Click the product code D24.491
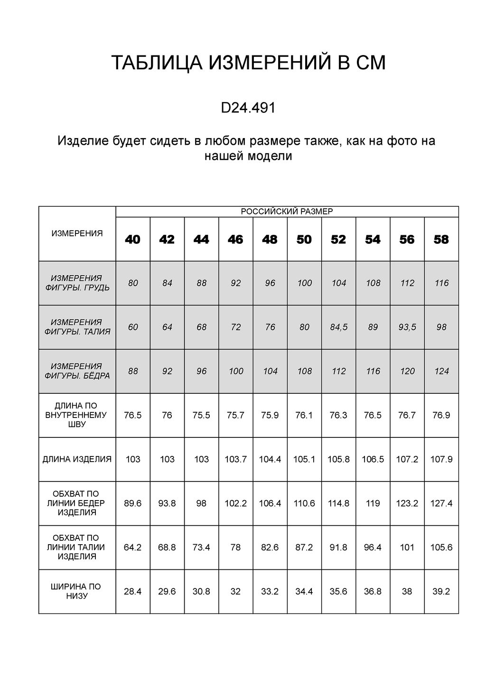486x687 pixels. click(248, 109)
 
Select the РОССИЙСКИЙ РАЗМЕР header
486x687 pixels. click(287, 212)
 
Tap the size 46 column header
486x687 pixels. click(235, 240)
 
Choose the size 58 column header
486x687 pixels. click(441, 240)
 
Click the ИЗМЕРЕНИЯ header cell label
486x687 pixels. click(77, 233)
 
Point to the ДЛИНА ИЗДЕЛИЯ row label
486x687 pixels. click(77, 459)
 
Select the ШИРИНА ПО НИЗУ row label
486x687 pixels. click(77, 591)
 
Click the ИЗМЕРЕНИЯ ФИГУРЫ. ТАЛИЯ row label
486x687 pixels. click(77, 327)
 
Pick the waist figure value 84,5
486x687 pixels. click(339, 327)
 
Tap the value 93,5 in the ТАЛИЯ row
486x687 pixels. click(407, 327)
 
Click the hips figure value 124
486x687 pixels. click(441, 371)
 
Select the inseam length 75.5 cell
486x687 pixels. click(201, 415)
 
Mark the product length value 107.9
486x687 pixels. click(441, 459)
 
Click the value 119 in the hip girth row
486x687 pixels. click(373, 503)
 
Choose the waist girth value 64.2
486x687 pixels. click(133, 547)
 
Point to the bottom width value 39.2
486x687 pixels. click(441, 591)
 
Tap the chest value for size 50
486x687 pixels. click(304, 283)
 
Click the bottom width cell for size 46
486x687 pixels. click(235, 591)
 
